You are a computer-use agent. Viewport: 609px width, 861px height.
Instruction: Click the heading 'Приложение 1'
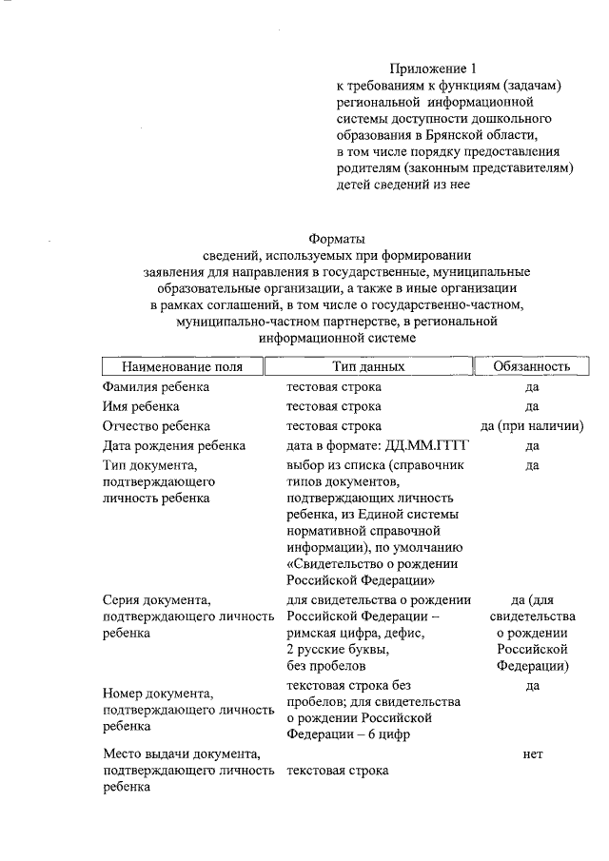pos(430,68)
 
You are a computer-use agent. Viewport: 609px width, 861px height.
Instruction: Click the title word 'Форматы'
pos(337,239)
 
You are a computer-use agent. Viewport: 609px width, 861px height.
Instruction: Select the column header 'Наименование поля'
pos(181,366)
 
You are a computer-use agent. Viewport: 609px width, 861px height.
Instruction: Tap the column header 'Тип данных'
pos(368,366)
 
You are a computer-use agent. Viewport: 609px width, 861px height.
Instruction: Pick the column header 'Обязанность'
pos(532,366)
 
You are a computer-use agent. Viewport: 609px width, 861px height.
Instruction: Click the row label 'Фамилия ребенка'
pos(156,387)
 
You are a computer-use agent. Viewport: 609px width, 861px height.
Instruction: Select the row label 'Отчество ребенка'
pos(157,425)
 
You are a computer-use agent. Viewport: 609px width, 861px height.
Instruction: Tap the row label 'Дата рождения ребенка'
pos(174,445)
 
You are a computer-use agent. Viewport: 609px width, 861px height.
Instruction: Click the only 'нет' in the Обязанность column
pos(533,753)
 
